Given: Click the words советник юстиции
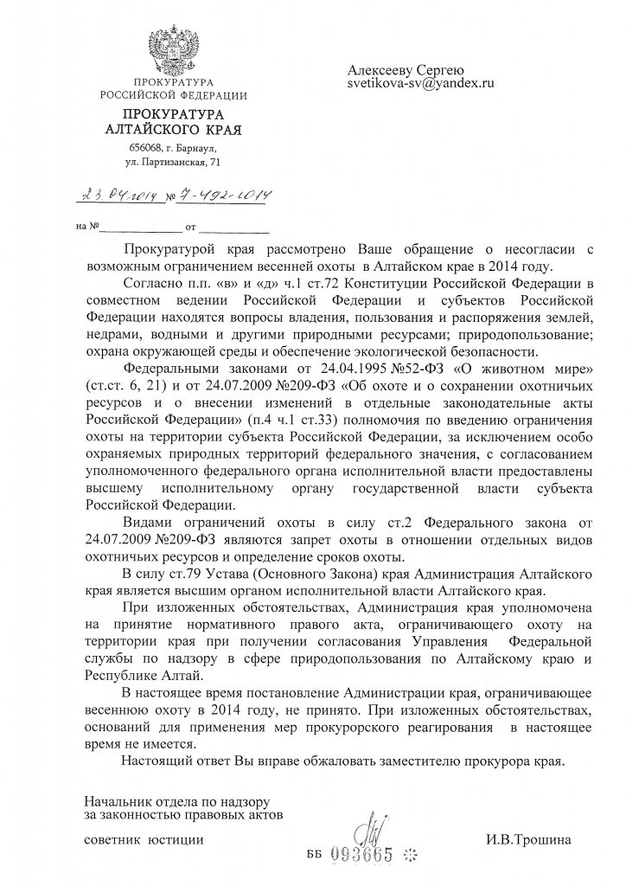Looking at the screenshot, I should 144,839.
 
